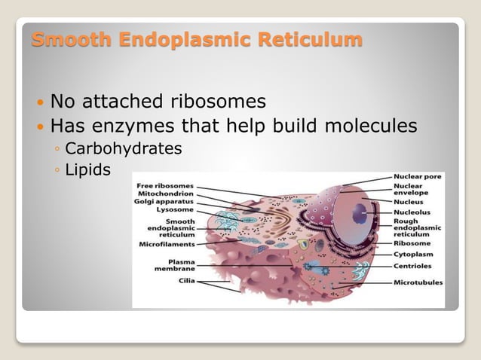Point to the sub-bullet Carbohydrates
123,148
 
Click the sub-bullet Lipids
87,170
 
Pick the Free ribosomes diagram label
164,185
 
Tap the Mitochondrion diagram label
164,194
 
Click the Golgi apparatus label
164,202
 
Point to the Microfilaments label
167,244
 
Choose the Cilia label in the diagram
186,280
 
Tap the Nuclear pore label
417,176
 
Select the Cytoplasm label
412,255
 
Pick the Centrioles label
412,266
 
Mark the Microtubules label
418,282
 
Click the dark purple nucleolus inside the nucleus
360,213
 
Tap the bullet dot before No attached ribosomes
39,102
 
